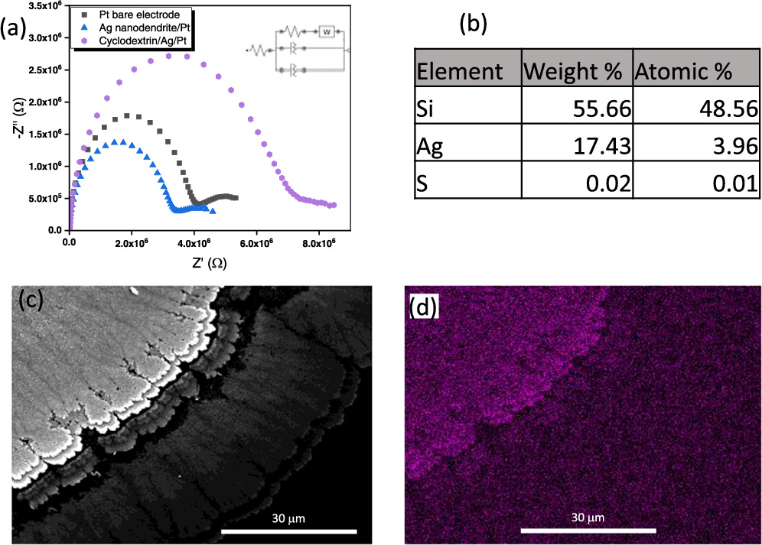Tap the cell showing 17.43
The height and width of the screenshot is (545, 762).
[x=601, y=145]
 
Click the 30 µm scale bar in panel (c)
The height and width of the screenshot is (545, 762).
[x=289, y=530]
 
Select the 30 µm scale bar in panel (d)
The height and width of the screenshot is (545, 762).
[x=588, y=530]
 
